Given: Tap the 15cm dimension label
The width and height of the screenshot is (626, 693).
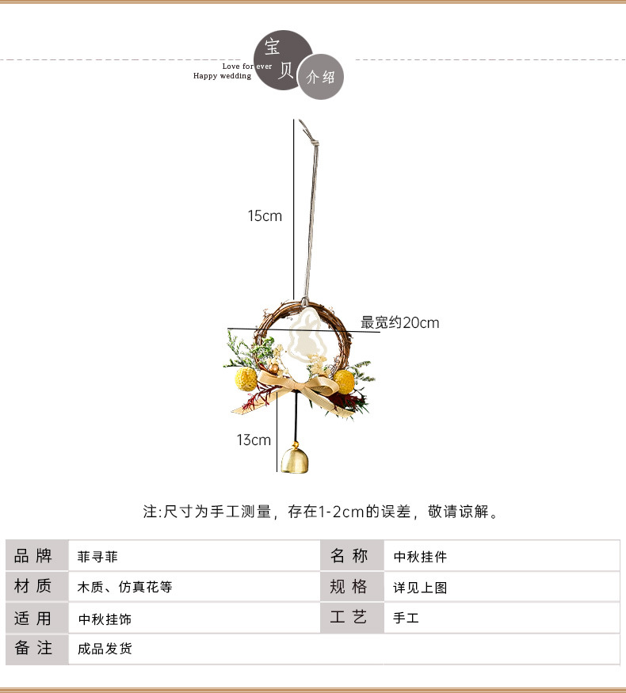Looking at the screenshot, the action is (265, 215).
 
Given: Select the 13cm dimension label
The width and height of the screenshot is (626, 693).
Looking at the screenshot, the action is (254, 440).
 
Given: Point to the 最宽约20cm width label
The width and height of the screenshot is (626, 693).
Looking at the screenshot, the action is (400, 322).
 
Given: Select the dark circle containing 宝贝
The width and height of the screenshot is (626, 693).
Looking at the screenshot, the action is (282, 60).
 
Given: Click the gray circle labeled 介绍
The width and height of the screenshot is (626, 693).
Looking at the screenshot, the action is (320, 77).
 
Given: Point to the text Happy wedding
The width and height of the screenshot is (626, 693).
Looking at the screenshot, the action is (222, 76).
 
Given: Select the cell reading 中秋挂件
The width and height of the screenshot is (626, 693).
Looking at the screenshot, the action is (421, 557).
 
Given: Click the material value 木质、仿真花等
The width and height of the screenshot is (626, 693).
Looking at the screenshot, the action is (124, 588).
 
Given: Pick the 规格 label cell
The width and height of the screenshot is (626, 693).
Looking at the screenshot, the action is (349, 587).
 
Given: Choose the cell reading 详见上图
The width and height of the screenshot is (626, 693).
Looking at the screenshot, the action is (421, 588).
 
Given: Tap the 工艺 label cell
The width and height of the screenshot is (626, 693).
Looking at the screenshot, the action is (349, 618).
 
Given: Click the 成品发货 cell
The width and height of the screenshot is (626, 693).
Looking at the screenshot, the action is (105, 649).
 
